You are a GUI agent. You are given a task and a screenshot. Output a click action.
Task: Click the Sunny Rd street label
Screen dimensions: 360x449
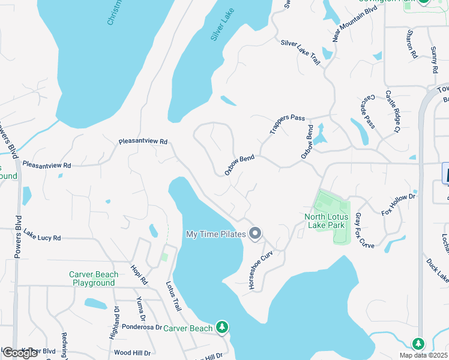(x=434, y=60)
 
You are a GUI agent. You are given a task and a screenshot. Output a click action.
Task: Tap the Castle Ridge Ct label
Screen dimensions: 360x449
(x=393, y=111)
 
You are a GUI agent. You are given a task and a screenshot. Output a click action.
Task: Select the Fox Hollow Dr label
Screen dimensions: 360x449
(x=399, y=205)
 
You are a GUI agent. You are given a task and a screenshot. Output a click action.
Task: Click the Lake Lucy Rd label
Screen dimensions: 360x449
(x=43, y=238)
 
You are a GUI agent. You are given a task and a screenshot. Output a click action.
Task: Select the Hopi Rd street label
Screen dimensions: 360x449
(x=139, y=273)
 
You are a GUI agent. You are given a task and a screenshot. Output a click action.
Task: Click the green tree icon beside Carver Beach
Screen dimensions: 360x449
(x=222, y=327)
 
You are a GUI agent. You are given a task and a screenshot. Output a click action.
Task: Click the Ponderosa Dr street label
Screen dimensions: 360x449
(x=142, y=328)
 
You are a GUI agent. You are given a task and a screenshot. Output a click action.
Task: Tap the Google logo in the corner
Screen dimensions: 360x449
(x=20, y=353)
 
